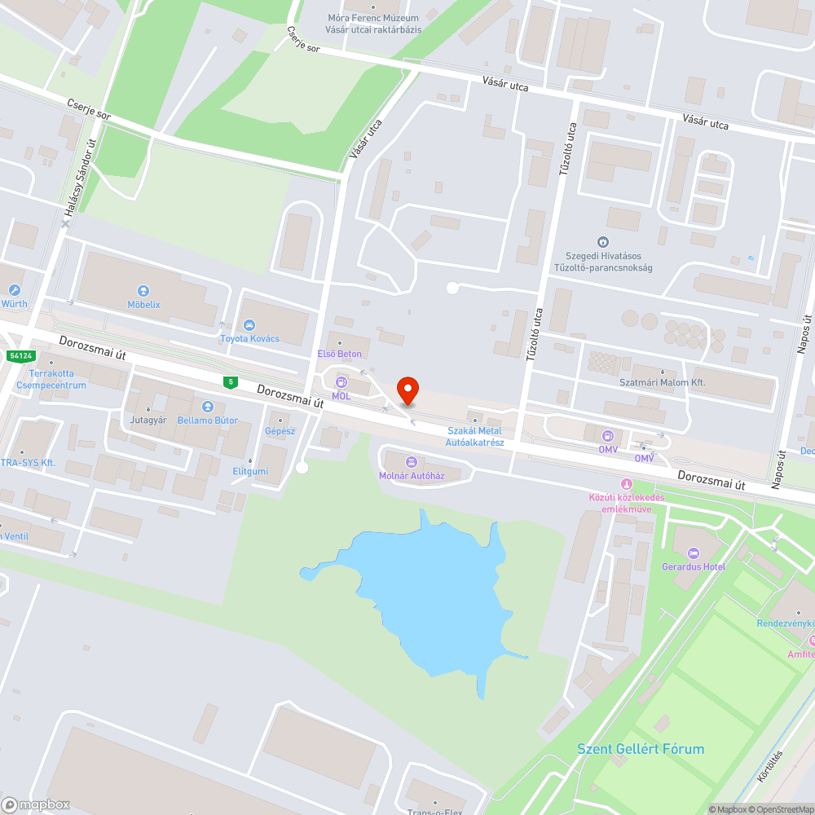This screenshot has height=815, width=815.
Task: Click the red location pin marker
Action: [x=407, y=390]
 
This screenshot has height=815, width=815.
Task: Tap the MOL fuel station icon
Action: [x=341, y=382]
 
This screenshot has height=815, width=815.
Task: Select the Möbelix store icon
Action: [x=143, y=290]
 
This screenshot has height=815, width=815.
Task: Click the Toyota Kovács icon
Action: [x=249, y=326]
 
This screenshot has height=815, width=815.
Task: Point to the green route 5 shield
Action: [x=231, y=381]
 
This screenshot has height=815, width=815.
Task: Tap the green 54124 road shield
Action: [x=20, y=356]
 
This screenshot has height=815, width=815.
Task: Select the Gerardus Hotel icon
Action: [x=694, y=553]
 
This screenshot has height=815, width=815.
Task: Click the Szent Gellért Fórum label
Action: [x=641, y=749]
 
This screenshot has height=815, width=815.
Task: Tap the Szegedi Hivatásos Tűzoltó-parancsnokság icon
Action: [x=602, y=242]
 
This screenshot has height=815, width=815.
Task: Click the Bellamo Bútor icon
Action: [x=207, y=406]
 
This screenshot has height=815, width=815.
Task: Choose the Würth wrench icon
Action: [x=14, y=290]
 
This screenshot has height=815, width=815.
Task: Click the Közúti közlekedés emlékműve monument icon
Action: [x=627, y=485]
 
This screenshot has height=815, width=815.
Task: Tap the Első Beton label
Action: [x=339, y=354]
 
